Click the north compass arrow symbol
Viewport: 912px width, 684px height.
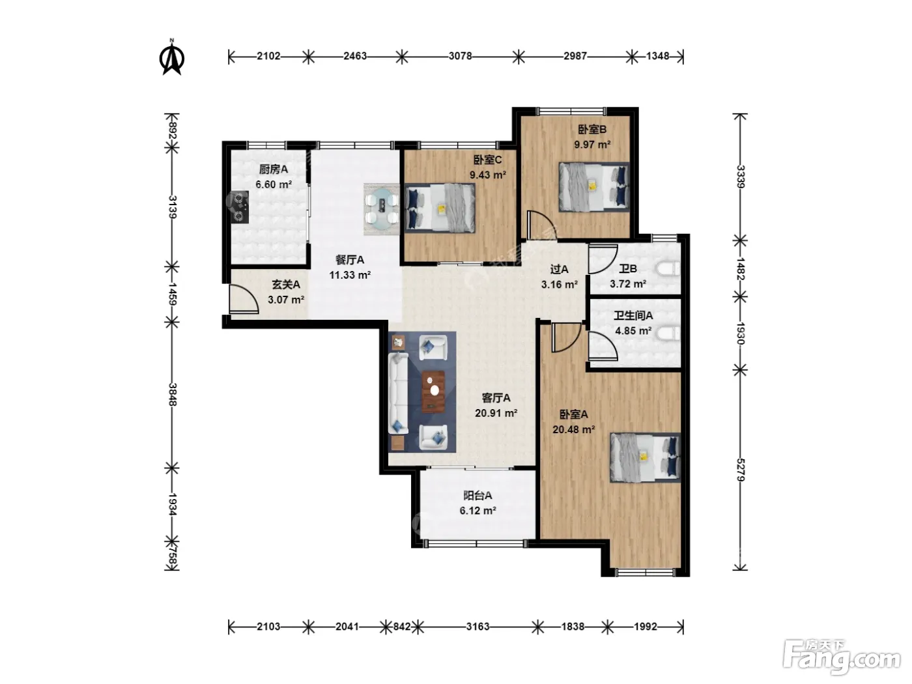(x=171, y=57)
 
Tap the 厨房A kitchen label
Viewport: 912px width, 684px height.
(x=273, y=169)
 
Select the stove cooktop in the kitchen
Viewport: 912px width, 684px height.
(x=240, y=207)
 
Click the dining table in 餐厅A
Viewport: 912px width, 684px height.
(x=382, y=209)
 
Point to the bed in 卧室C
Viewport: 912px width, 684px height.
(x=440, y=208)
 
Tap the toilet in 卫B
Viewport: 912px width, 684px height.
(x=668, y=268)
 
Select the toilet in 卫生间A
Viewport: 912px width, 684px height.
(x=668, y=333)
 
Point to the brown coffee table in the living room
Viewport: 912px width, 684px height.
(x=433, y=392)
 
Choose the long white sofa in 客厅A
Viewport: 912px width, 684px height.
(x=397, y=393)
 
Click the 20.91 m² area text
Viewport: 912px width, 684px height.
(x=496, y=413)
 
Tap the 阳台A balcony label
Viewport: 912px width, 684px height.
(x=477, y=496)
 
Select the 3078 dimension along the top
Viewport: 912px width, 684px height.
(x=460, y=55)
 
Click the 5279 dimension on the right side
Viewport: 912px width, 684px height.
(x=741, y=470)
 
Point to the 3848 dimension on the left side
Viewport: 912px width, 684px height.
(x=173, y=395)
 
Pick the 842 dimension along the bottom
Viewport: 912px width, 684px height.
(x=402, y=626)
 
